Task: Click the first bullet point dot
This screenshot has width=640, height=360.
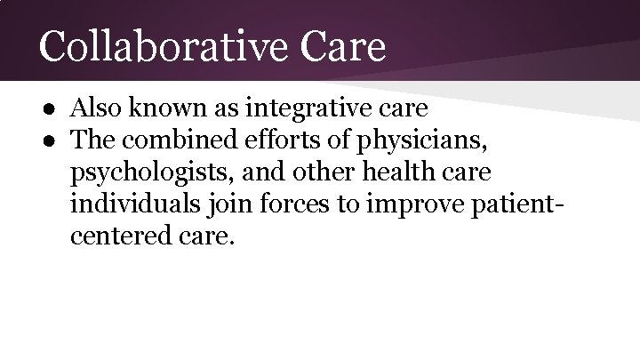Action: tap(54, 109)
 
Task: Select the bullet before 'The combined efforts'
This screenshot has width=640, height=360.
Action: tap(54, 140)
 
